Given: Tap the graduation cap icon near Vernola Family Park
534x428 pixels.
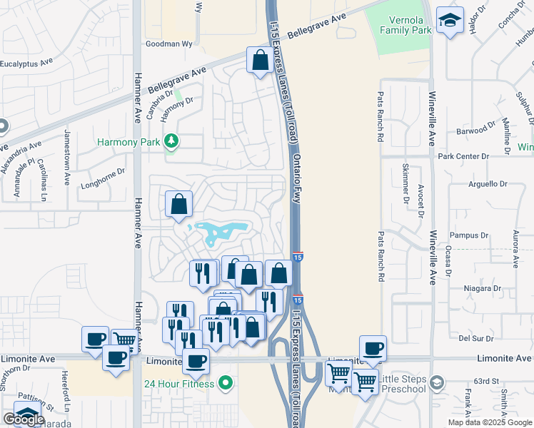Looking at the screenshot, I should point(450,21).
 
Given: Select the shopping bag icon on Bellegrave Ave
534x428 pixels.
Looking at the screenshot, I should point(258,61).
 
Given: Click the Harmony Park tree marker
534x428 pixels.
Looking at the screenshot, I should point(171,142).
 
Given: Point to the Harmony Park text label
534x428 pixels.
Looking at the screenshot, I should point(130,143).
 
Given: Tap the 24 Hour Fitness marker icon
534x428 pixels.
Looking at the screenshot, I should point(226,384).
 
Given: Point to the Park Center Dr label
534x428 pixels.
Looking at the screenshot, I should point(463,156).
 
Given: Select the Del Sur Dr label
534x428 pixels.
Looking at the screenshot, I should point(473,339).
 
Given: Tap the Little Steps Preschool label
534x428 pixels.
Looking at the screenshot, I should point(402,383).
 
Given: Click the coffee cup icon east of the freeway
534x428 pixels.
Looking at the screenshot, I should point(373,348).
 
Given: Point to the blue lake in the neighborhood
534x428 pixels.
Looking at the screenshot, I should point(221,232).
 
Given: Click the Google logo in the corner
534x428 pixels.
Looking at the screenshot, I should point(24,419).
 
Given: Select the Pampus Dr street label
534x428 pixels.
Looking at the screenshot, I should point(469,235).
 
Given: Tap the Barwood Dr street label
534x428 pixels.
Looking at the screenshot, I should point(477,130).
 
